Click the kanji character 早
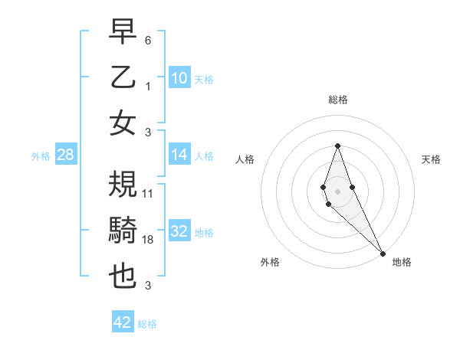pyautogui.click(x=123, y=32)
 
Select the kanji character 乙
pyautogui.click(x=123, y=78)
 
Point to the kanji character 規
pyautogui.click(x=123, y=185)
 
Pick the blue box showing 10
pyautogui.click(x=179, y=78)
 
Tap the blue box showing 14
pyautogui.click(x=179, y=155)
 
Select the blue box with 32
pyautogui.click(x=179, y=231)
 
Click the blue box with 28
pyautogui.click(x=65, y=155)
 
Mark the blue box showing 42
pyautogui.click(x=123, y=322)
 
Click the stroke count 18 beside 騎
pyautogui.click(x=149, y=240)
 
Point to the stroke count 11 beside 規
pyautogui.click(x=148, y=194)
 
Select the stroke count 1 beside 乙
pyautogui.click(x=148, y=87)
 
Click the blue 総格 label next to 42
pyautogui.click(x=147, y=324)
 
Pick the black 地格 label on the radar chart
pyautogui.click(x=402, y=262)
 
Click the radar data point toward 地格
pyautogui.click(x=383, y=254)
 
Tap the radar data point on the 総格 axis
pyautogui.click(x=337, y=146)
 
